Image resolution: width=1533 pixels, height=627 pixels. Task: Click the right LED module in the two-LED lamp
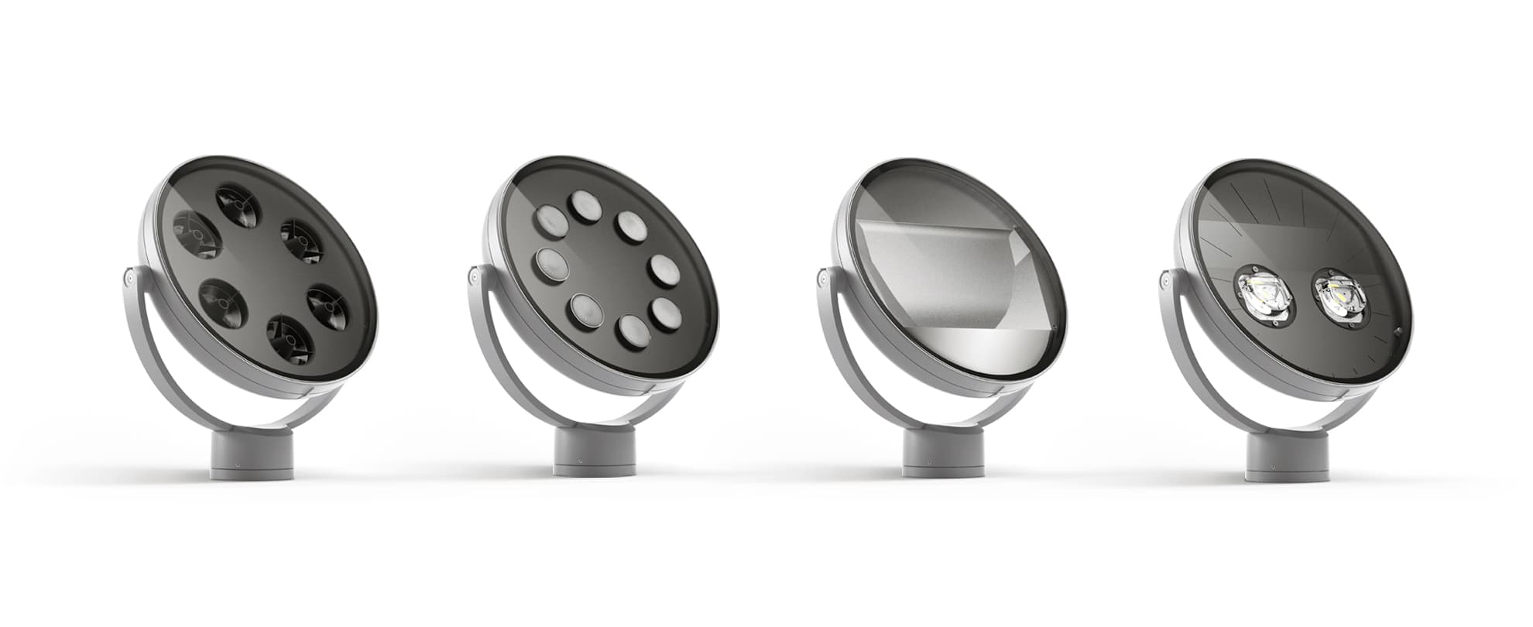[x=1340, y=297]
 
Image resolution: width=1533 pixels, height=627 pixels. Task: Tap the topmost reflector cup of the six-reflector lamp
[x=236, y=205]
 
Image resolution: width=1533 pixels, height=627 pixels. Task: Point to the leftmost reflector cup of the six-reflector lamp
[x=197, y=235]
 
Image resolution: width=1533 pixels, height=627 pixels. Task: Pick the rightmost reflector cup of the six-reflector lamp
[x=328, y=307]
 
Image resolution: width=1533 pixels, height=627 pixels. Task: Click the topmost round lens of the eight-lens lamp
[x=586, y=207]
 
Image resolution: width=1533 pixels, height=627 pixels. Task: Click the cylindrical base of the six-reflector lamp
[x=252, y=455]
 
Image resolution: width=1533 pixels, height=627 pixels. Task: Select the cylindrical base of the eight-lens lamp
[x=595, y=452]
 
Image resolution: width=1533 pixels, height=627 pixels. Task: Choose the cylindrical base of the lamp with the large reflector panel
[x=943, y=454]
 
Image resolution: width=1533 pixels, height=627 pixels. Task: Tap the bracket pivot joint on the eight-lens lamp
[x=474, y=275]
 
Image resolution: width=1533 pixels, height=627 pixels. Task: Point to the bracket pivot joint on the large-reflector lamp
[x=822, y=276]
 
